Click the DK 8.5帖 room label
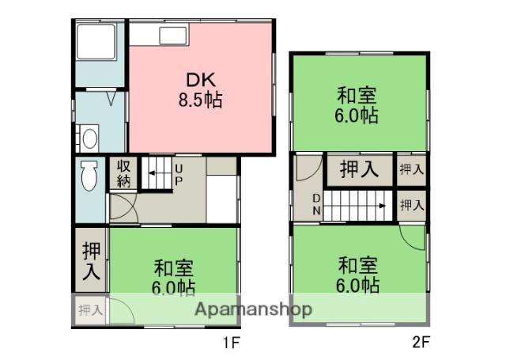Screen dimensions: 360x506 tap(202, 90)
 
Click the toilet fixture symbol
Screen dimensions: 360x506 tap(89, 175)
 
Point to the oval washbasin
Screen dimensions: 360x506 tap(89, 139)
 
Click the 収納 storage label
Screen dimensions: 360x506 tap(124, 172)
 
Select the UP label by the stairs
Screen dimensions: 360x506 tap(179, 175)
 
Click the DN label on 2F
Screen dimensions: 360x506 tap(315, 205)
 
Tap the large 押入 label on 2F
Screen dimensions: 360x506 tap(357, 169)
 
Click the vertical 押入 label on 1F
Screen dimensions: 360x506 tap(92, 260)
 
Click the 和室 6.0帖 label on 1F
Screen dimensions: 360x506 tap(173, 276)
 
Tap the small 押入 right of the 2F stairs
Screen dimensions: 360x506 tap(411, 205)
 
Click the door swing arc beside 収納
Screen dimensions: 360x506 tap(122, 207)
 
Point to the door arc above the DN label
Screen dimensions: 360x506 tap(311, 169)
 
